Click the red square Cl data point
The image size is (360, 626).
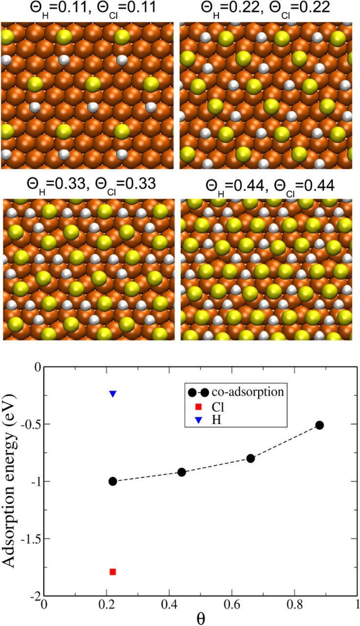tap(112, 572)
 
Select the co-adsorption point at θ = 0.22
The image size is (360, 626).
tap(112, 481)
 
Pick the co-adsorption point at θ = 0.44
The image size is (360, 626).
tap(182, 472)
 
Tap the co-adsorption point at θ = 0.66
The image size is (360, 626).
tap(251, 458)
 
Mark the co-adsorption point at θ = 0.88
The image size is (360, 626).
tap(320, 425)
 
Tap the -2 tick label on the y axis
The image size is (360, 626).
tap(33, 596)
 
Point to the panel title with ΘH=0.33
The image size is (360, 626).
tap(91, 186)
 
